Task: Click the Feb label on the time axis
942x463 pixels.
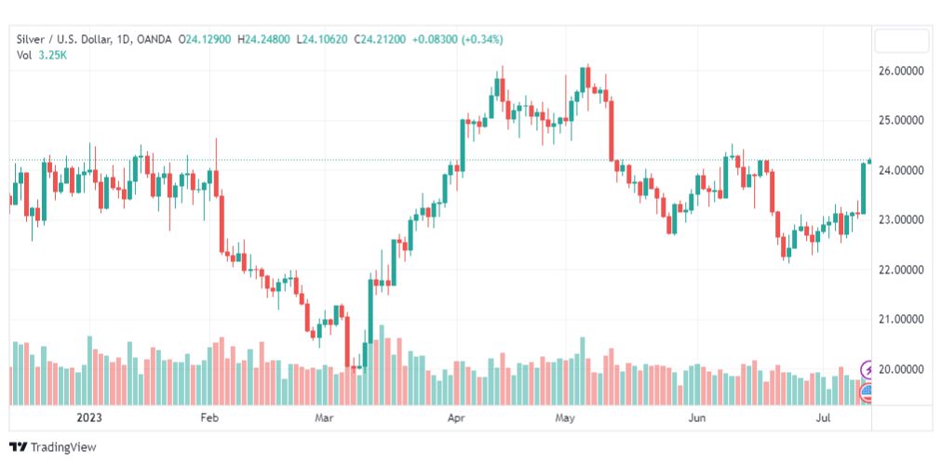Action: coord(209,418)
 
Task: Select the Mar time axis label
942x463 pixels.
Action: coord(324,418)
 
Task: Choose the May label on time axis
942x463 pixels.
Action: coord(565,418)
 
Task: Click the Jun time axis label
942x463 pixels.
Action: coord(697,418)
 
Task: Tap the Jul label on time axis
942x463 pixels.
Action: coord(824,418)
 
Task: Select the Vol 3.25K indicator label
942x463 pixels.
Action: coord(42,55)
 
